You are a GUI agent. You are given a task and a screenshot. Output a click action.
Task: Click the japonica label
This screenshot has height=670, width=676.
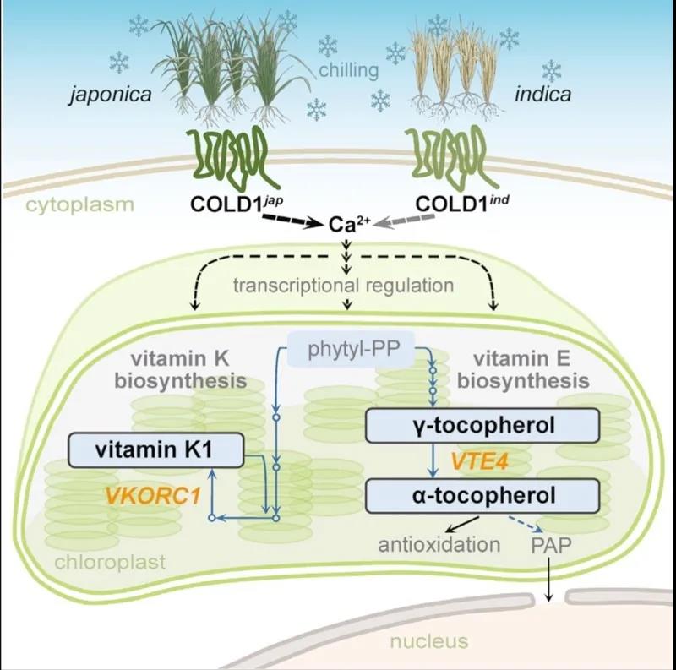[x=111, y=94]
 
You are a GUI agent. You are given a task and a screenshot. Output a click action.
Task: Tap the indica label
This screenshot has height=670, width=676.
[x=542, y=94]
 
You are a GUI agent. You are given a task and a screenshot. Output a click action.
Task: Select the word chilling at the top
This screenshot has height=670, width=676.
[x=349, y=70]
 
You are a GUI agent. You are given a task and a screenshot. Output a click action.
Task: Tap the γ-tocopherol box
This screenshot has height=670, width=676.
[x=483, y=425]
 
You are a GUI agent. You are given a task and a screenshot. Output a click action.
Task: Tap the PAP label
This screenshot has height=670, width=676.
[x=550, y=544]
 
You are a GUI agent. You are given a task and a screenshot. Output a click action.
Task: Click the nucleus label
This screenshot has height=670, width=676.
[x=428, y=641]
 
